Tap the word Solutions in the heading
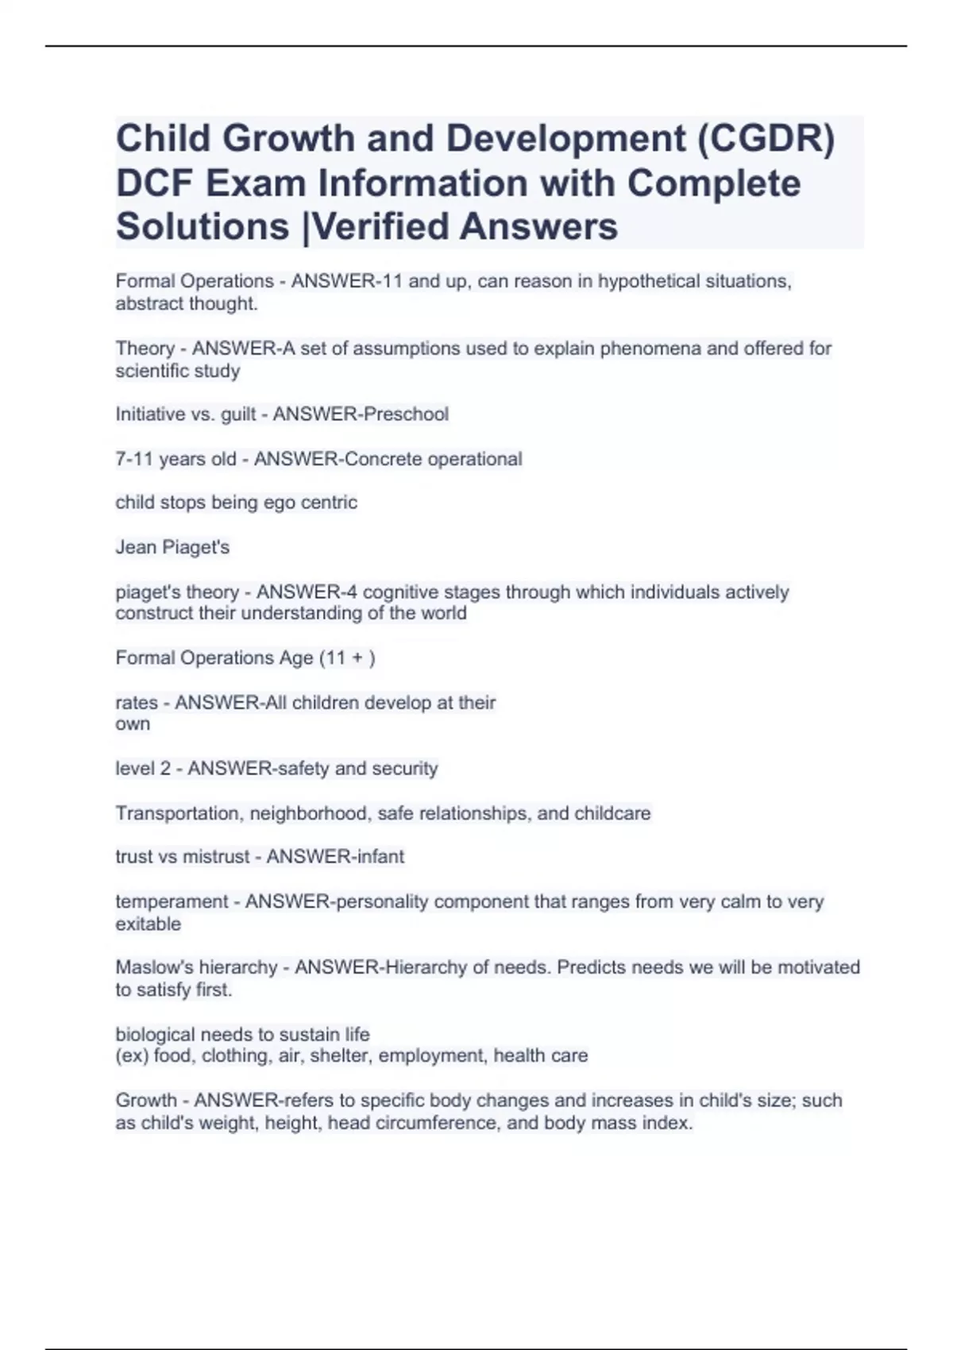pos(203,226)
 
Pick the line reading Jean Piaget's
pos(172,547)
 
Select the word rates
pos(137,703)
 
